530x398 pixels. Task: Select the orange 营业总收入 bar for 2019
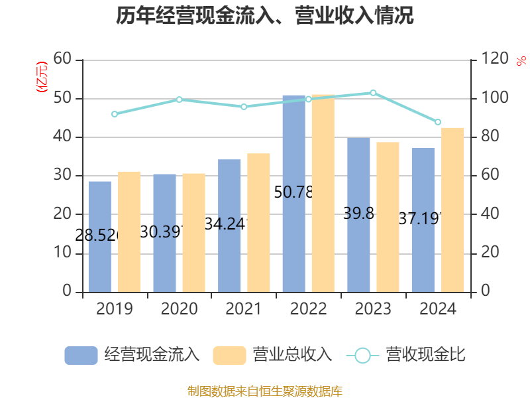click(129, 232)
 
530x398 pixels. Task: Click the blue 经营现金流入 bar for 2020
click(164, 233)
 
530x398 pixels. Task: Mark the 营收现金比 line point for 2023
click(373, 93)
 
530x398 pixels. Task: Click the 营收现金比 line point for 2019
click(114, 114)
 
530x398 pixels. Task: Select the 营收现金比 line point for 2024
click(438, 122)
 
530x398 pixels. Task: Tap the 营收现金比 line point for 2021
click(244, 107)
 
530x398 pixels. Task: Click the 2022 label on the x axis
click(308, 309)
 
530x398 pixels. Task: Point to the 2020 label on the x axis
click(179, 309)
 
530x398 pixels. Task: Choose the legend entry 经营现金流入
click(132, 355)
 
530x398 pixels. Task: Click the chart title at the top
click(265, 16)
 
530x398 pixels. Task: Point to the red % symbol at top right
click(521, 61)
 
